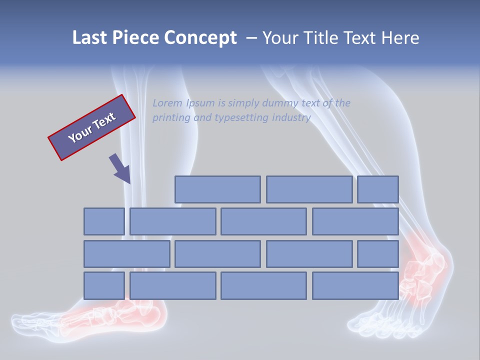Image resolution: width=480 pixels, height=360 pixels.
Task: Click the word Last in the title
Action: (x=90, y=38)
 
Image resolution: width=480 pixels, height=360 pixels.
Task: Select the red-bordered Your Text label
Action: (x=91, y=127)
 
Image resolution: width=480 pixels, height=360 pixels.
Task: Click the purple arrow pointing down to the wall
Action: (x=120, y=168)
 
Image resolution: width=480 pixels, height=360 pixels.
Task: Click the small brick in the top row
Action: (x=378, y=189)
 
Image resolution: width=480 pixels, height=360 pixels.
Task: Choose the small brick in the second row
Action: (x=104, y=221)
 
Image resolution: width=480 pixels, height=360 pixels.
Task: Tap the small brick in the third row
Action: (x=378, y=254)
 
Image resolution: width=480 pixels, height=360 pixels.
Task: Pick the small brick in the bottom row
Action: (x=104, y=286)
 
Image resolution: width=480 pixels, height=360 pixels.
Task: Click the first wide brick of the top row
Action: (x=217, y=189)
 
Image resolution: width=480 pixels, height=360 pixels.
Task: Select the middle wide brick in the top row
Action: (x=309, y=189)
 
